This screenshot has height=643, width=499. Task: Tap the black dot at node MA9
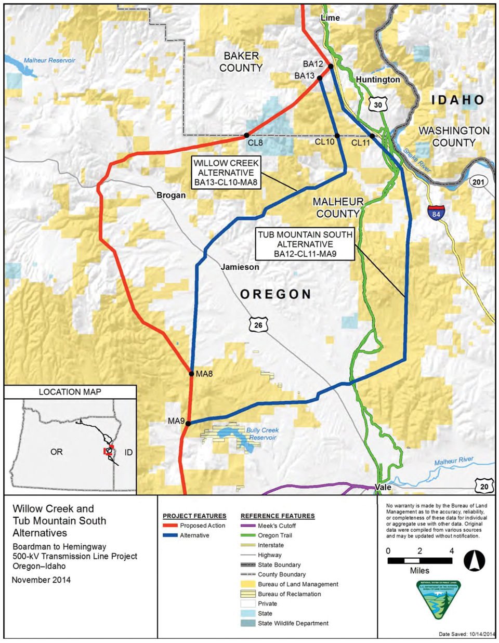click(x=188, y=423)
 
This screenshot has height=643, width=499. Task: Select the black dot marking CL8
click(x=246, y=136)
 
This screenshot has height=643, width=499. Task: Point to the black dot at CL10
click(x=337, y=136)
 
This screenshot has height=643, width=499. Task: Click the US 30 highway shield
click(x=377, y=104)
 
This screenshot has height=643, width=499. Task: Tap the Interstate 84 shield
click(x=436, y=213)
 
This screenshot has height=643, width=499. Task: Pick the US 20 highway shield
click(x=483, y=485)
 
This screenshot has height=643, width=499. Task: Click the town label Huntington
click(x=378, y=80)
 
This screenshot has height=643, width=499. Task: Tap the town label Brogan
click(x=171, y=195)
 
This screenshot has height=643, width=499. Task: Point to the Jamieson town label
click(x=240, y=267)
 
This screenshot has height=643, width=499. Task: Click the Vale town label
click(x=383, y=488)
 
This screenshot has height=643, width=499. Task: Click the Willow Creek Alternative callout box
click(x=226, y=173)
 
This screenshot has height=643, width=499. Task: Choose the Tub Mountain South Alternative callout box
click(x=305, y=244)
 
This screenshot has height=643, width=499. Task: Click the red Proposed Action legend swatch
click(x=170, y=526)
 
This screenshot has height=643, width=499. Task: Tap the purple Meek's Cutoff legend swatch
click(x=248, y=526)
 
